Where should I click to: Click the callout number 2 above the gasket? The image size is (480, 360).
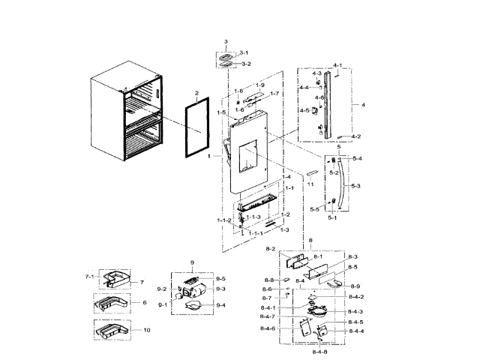click(196, 94)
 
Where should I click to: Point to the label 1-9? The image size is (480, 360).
click(260, 85)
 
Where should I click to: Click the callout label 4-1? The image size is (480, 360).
click(337, 65)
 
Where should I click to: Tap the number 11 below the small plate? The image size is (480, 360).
click(308, 183)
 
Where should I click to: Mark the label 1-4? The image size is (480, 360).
click(286, 177)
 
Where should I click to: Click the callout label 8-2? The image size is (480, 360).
click(271, 248)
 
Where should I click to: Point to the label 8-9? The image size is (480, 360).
click(355, 286)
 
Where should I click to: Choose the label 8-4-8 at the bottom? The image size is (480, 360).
click(319, 351)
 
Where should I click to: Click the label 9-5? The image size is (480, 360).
click(220, 278)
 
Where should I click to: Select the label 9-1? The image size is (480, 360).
click(163, 304)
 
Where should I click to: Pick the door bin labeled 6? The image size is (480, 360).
click(109, 304)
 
